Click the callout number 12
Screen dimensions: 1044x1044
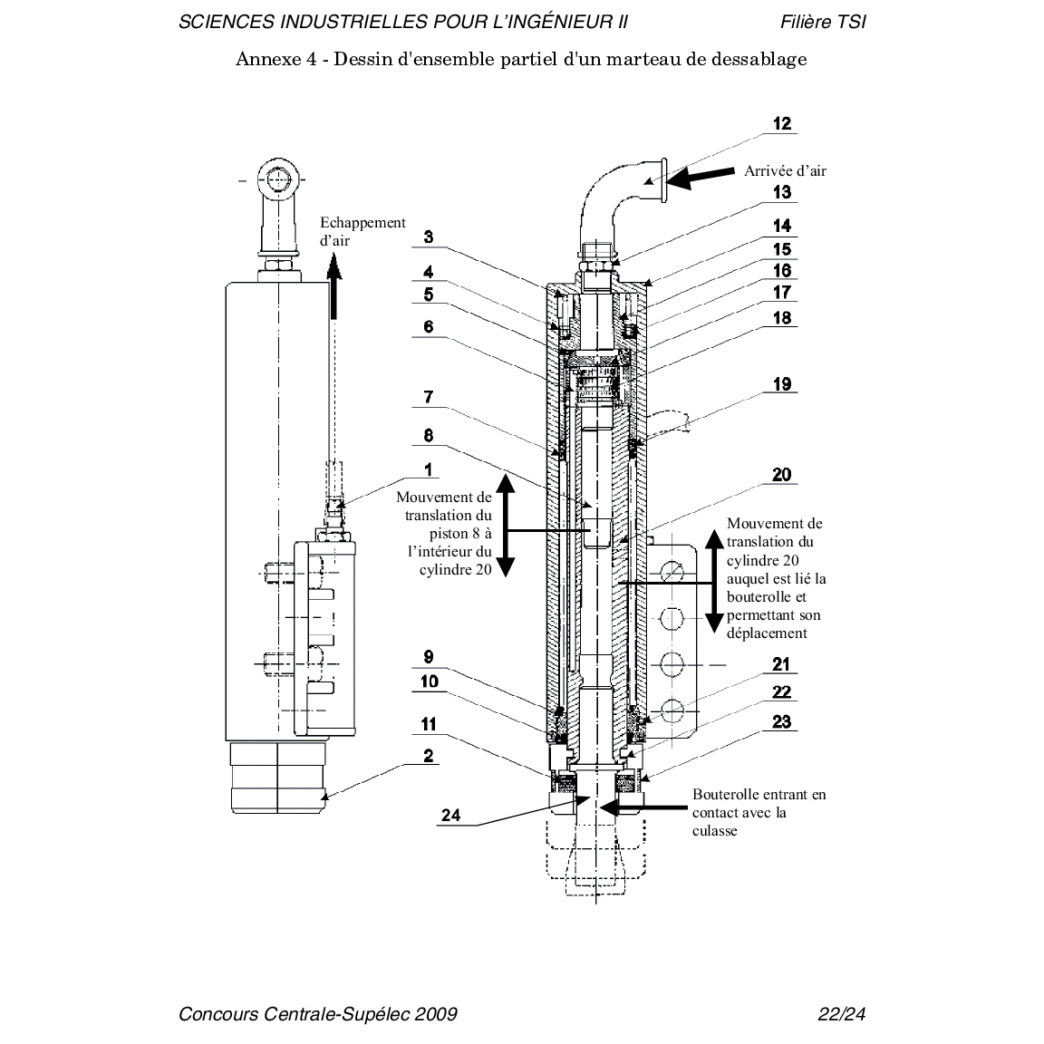[x=782, y=124]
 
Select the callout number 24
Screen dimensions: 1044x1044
[x=450, y=815]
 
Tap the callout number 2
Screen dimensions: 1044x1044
[x=429, y=756]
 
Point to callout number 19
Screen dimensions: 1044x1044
[x=782, y=384]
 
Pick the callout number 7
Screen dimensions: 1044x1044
[x=429, y=397]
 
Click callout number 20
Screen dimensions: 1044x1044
[x=782, y=475]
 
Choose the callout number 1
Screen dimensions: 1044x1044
[x=429, y=469]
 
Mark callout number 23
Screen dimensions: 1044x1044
[x=782, y=721]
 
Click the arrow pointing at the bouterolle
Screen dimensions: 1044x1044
[x=643, y=807]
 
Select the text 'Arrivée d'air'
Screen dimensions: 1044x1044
[x=785, y=171]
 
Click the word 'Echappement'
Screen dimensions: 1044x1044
[x=362, y=223]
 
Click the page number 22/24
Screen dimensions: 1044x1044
[x=842, y=1014]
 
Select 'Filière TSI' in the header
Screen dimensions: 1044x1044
[x=823, y=22]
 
